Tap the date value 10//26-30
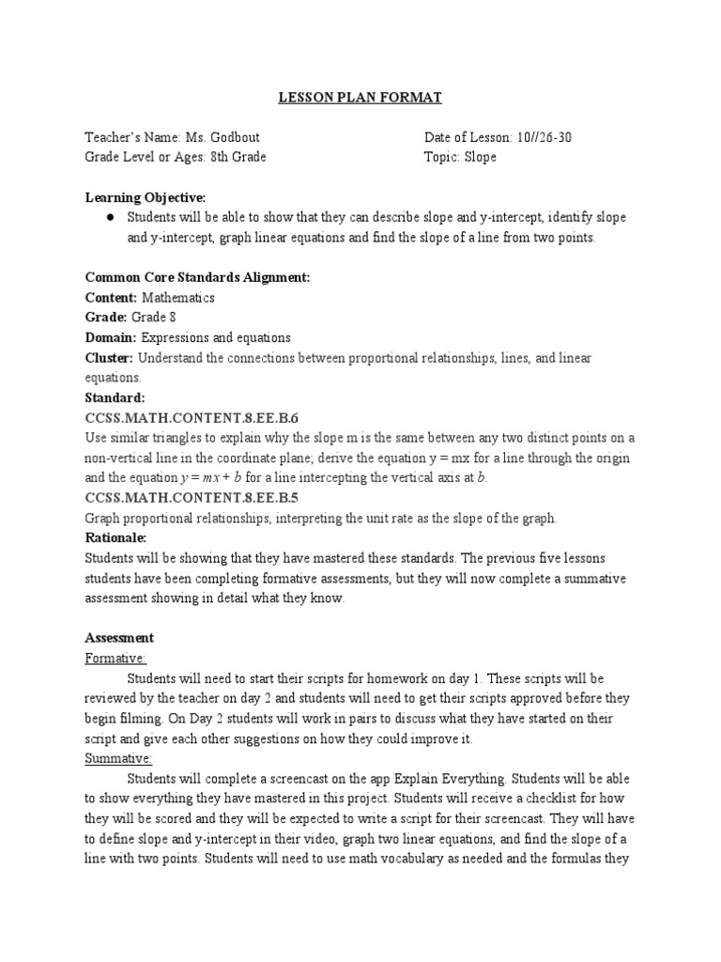coord(544,138)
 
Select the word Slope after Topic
coord(480,157)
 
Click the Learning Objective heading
coord(146,197)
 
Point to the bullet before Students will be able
coord(110,217)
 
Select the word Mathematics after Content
coord(178,298)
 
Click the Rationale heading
coord(116,538)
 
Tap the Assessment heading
coord(119,638)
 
